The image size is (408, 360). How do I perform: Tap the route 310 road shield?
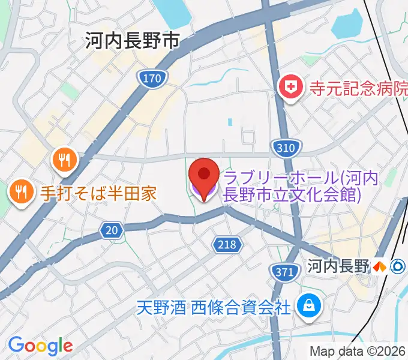click(x=282, y=146)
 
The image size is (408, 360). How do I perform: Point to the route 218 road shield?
click(x=227, y=244)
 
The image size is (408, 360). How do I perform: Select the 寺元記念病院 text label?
click(x=358, y=89)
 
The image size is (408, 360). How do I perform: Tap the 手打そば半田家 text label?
click(x=98, y=193)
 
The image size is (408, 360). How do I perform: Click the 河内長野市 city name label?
click(x=132, y=41)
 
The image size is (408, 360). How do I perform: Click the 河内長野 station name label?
click(x=337, y=266)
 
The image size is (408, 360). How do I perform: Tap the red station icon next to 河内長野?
click(x=379, y=266)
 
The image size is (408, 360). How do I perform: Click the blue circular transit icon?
click(x=397, y=266)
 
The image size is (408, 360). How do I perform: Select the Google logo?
click(x=40, y=346)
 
